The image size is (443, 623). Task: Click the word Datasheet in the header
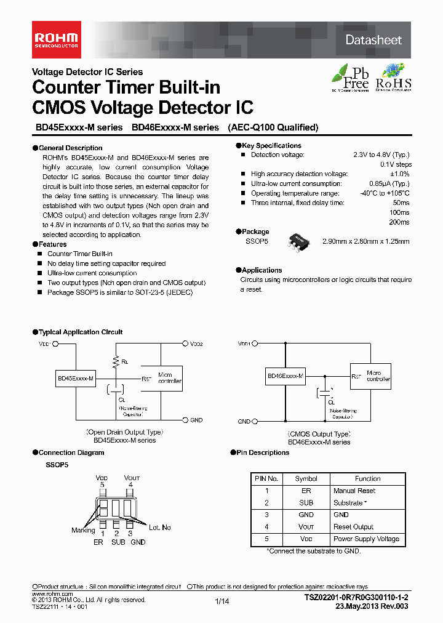tap(373, 40)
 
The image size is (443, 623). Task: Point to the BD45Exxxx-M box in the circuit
tap(76, 379)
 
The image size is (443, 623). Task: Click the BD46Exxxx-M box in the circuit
tap(285, 376)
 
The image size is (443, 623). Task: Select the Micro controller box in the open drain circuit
tap(170, 378)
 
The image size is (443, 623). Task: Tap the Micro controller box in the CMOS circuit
tap(378, 376)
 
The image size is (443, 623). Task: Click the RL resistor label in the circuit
tap(124, 362)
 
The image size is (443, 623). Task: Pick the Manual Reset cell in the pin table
tap(354, 491)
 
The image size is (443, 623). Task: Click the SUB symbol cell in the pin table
tap(306, 503)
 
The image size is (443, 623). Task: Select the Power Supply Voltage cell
tap(366, 539)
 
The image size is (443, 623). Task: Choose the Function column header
tap(367, 478)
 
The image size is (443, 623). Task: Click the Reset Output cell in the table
tap(354, 527)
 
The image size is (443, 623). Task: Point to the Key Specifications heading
tap(262, 145)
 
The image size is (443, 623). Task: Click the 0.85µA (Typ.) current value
tap(389, 183)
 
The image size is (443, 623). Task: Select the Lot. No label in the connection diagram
tap(159, 528)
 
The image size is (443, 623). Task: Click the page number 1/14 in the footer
tap(221, 601)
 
